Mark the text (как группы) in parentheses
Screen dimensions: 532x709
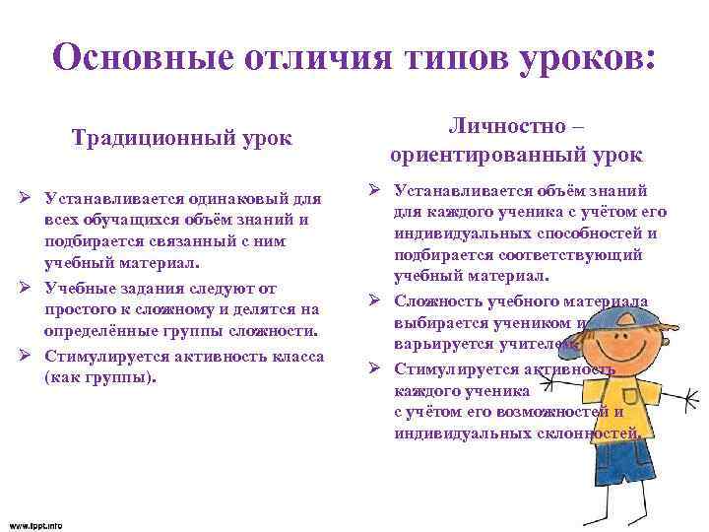tap(99, 375)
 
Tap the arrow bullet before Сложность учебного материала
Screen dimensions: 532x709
tap(376, 301)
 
